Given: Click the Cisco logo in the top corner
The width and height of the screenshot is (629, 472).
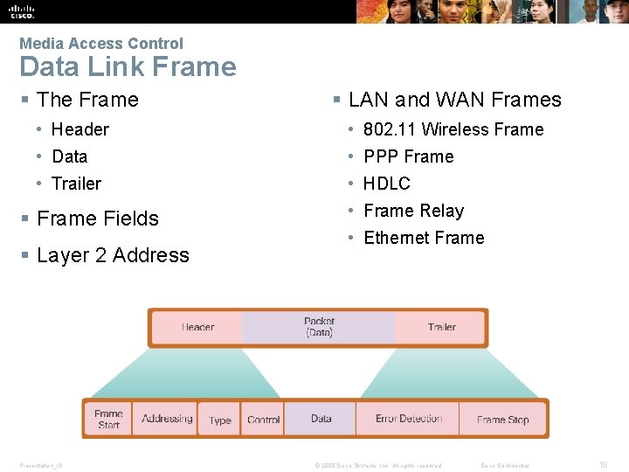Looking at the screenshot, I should click(22, 10).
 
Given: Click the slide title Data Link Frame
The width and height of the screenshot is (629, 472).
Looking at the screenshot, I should click(128, 67).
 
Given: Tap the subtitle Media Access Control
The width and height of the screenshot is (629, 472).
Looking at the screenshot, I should click(101, 43).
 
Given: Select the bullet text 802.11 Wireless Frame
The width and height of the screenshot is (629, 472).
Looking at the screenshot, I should click(453, 129).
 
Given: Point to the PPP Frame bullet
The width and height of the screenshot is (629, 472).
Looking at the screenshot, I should click(408, 156).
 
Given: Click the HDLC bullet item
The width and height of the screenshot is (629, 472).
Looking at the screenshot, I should click(386, 184).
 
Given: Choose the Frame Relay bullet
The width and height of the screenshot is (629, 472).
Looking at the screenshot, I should click(413, 211).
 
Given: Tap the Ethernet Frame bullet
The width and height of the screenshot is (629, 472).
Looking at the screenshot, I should click(424, 238).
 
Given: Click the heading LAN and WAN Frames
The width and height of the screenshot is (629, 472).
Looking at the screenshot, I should click(454, 100).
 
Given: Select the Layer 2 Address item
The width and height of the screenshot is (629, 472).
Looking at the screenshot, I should click(113, 255).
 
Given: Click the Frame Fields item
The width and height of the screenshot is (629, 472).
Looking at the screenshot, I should click(98, 219).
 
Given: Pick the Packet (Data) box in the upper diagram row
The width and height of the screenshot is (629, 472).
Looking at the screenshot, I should click(319, 327).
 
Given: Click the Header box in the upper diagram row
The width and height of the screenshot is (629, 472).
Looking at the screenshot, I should click(197, 327).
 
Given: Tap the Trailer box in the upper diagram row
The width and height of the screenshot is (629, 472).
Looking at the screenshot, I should click(441, 327).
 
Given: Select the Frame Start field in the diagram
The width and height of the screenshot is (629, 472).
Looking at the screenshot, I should click(109, 419).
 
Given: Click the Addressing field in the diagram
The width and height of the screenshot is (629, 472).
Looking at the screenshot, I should click(167, 419).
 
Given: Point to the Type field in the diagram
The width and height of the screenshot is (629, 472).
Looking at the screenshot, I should click(220, 420).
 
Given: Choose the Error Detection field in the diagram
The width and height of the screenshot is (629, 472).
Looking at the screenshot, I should click(409, 419).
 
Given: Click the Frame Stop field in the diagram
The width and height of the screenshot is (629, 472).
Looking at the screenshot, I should click(502, 420).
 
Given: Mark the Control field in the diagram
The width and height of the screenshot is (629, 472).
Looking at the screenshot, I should click(263, 420).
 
